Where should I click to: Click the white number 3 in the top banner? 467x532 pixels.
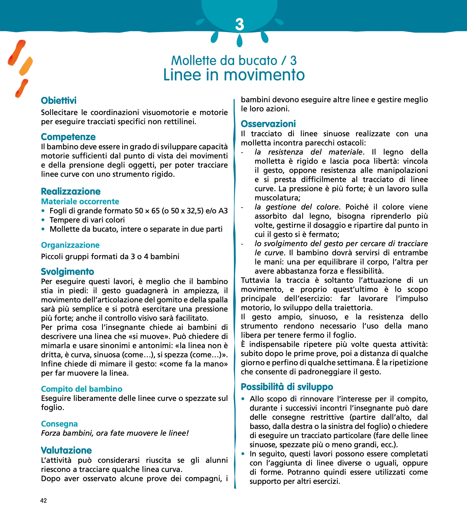[239, 25]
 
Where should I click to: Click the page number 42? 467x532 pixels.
[43, 501]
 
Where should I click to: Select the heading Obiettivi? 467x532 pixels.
[59, 101]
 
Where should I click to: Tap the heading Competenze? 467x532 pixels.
[68, 137]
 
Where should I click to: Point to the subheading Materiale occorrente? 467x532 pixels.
[80, 201]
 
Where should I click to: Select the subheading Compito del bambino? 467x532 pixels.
[81, 389]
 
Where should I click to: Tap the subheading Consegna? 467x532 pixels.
[59, 424]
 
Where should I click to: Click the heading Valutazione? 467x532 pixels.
[66, 450]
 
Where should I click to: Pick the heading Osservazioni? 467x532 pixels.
[268, 124]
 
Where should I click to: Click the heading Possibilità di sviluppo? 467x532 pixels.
[287, 387]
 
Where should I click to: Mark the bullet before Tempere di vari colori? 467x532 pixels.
[43, 220]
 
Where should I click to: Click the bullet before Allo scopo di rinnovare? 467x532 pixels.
[243, 399]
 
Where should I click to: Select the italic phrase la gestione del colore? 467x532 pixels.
[296, 207]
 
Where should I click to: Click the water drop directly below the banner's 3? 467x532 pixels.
[239, 41]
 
